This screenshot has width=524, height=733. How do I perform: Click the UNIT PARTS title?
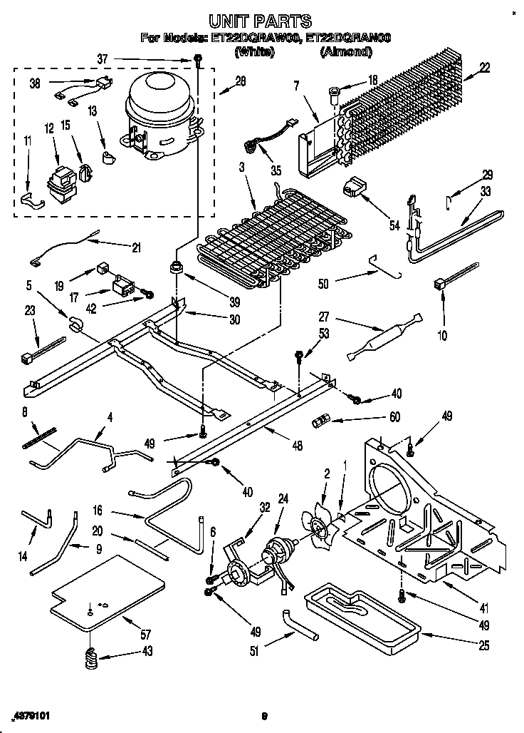coord(261,21)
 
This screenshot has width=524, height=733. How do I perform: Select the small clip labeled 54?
coord(353,188)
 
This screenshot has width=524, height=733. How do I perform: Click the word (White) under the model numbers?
coord(254,51)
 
